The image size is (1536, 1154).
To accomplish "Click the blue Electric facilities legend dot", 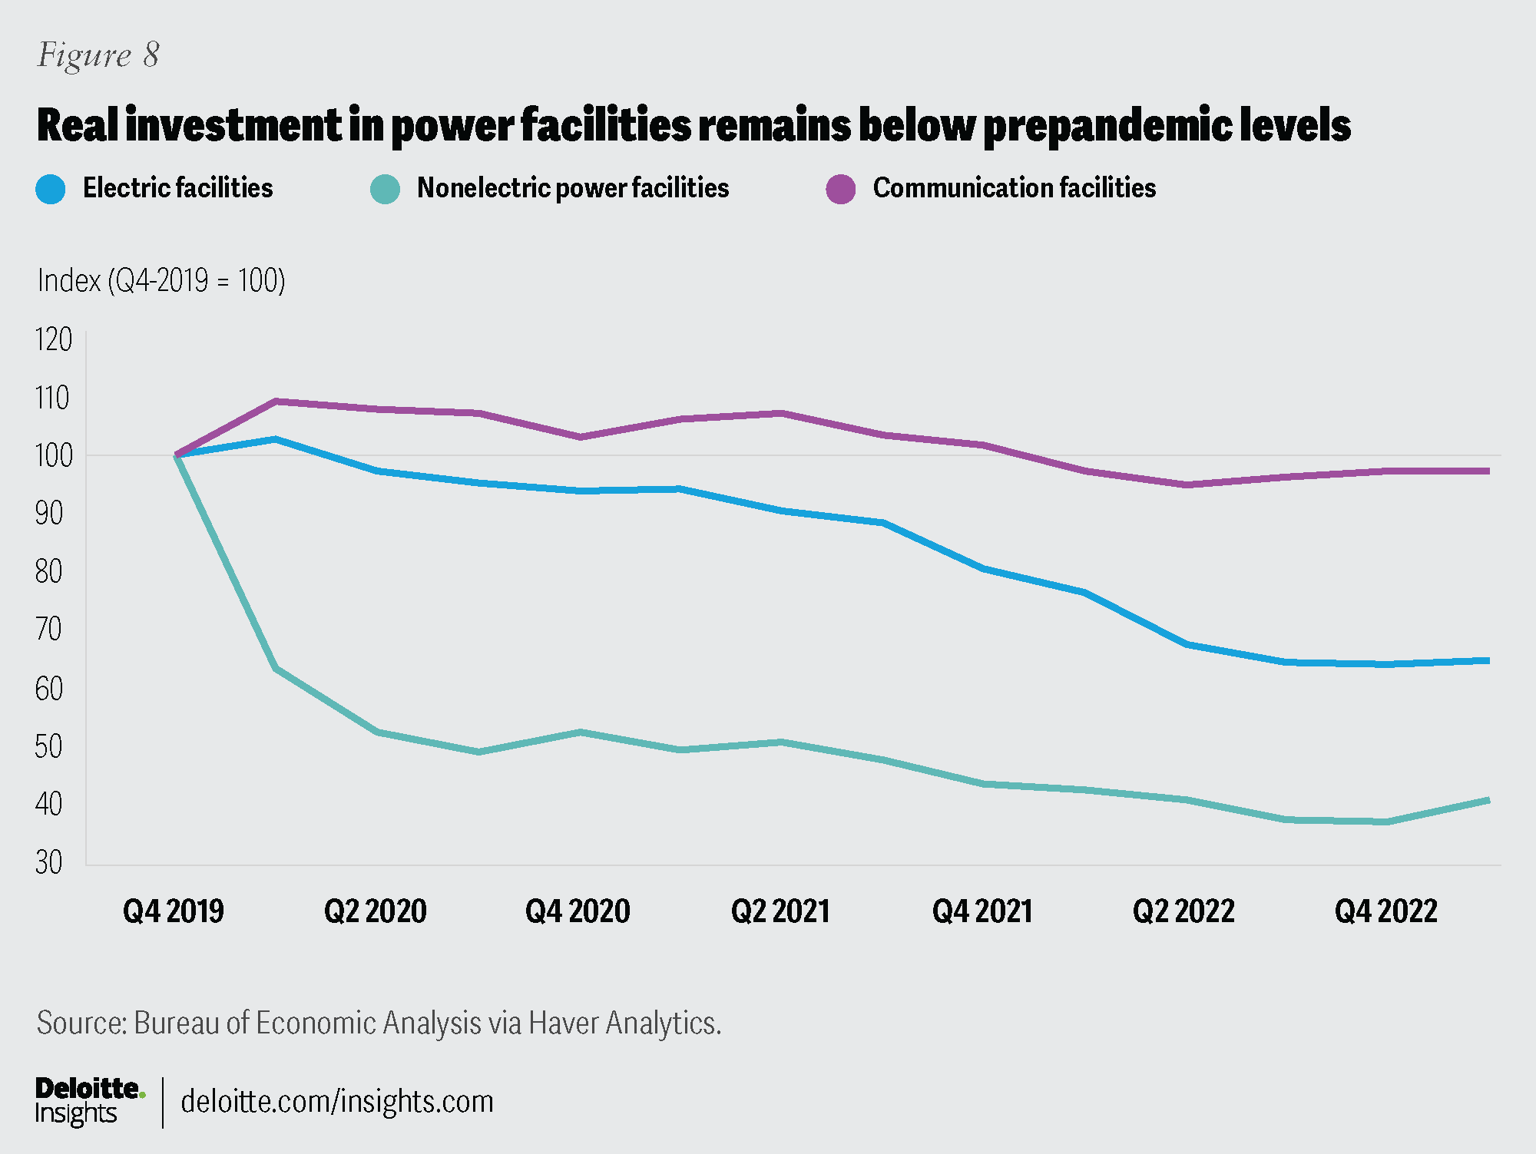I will pos(51,189).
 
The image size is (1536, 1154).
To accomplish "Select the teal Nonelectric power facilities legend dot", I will pos(385,189).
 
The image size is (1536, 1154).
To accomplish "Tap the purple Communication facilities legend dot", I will pos(841,189).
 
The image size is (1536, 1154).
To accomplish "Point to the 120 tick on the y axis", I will pos(54,339).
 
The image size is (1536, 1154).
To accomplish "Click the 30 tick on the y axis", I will pos(49,863).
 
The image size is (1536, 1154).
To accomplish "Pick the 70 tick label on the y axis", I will pos(49,630).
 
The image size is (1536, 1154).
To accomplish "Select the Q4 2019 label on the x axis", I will pos(174,911).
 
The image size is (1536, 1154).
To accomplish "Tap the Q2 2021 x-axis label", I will pos(780,911).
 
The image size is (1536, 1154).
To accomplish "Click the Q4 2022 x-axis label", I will pos(1385,911).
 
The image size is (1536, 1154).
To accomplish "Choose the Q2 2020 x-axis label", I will pos(376,911).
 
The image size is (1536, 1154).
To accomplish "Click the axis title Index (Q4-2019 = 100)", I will pos(161,281).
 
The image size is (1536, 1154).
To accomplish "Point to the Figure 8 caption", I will pos(98,55).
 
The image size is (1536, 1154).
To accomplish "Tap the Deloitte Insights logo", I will pos(89,1101).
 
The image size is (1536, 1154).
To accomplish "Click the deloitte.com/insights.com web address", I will pos(337,1102).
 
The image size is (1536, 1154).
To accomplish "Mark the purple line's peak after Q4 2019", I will pos(276,401).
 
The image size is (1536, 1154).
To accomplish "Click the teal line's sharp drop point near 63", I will pos(276,668).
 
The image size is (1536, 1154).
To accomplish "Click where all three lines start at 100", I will pos(177,455).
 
